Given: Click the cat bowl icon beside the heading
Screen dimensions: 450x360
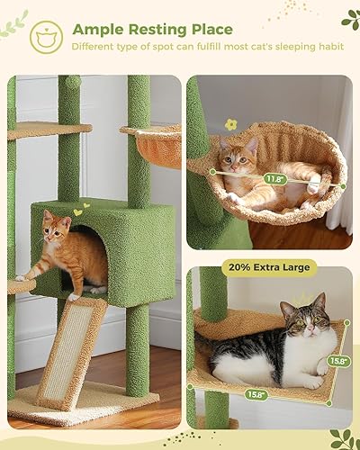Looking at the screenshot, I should click(x=43, y=36).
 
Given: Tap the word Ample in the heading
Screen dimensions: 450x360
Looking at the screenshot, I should click(x=102, y=30).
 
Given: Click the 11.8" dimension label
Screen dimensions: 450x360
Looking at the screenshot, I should click(x=275, y=178).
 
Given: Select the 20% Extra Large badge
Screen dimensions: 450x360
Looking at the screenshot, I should click(x=266, y=267).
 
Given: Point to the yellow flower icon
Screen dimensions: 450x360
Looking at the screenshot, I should click(x=230, y=124).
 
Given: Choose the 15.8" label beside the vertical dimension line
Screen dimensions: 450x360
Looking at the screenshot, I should click(x=336, y=361).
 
